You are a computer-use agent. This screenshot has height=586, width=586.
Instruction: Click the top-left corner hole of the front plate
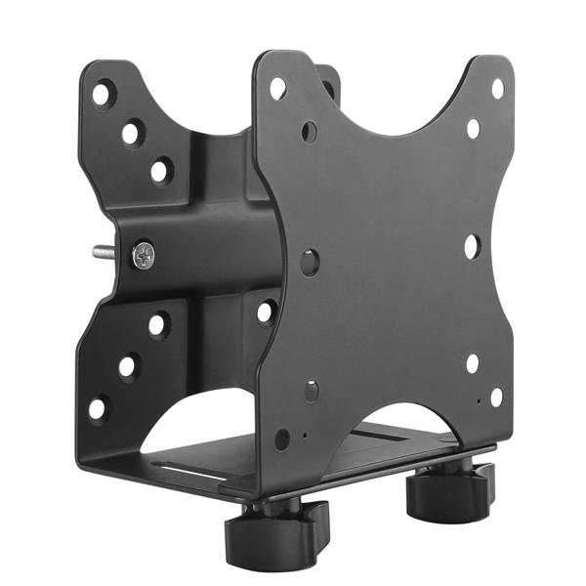(278, 88)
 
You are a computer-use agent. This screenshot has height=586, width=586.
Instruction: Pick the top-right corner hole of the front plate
(497, 88)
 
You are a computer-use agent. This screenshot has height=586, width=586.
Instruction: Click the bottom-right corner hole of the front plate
(496, 398)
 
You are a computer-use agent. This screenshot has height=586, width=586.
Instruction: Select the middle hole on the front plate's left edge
(310, 261)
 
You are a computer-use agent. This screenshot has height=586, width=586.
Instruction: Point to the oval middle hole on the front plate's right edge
(471, 246)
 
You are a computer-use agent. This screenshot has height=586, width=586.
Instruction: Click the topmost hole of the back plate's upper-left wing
(103, 94)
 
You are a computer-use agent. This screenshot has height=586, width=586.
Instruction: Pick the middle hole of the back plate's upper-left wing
(132, 132)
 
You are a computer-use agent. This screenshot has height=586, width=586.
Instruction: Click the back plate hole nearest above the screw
(160, 171)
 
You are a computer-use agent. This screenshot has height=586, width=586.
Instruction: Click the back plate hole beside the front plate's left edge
(266, 313)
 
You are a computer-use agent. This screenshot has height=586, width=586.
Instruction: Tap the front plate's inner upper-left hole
(310, 131)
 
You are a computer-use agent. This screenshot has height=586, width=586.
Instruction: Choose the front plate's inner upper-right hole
(473, 128)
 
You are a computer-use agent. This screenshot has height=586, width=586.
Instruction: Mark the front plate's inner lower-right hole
(473, 363)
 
